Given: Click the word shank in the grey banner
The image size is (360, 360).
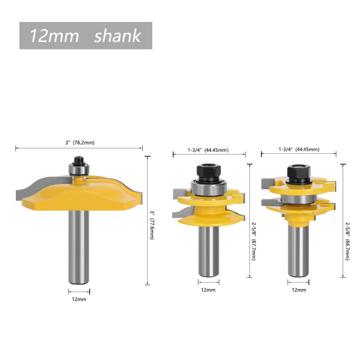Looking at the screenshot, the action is [x=118, y=36].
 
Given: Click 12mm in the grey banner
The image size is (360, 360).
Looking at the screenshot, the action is [x=54, y=36].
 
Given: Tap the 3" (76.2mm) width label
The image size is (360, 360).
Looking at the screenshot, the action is [x=80, y=143].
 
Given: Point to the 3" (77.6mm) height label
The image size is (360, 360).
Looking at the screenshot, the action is [x=152, y=225].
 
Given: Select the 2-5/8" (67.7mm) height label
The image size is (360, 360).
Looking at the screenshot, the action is [x=254, y=241].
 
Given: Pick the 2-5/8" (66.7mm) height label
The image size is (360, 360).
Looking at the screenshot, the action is [x=347, y=241].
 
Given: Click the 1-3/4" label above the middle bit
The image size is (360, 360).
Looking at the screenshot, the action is [x=195, y=150].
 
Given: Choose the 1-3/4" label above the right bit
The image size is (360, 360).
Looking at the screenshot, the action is [x=285, y=149].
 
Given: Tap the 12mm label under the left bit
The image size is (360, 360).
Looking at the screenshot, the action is [x=79, y=299].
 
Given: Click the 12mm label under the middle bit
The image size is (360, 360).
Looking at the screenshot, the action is [x=208, y=290].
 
